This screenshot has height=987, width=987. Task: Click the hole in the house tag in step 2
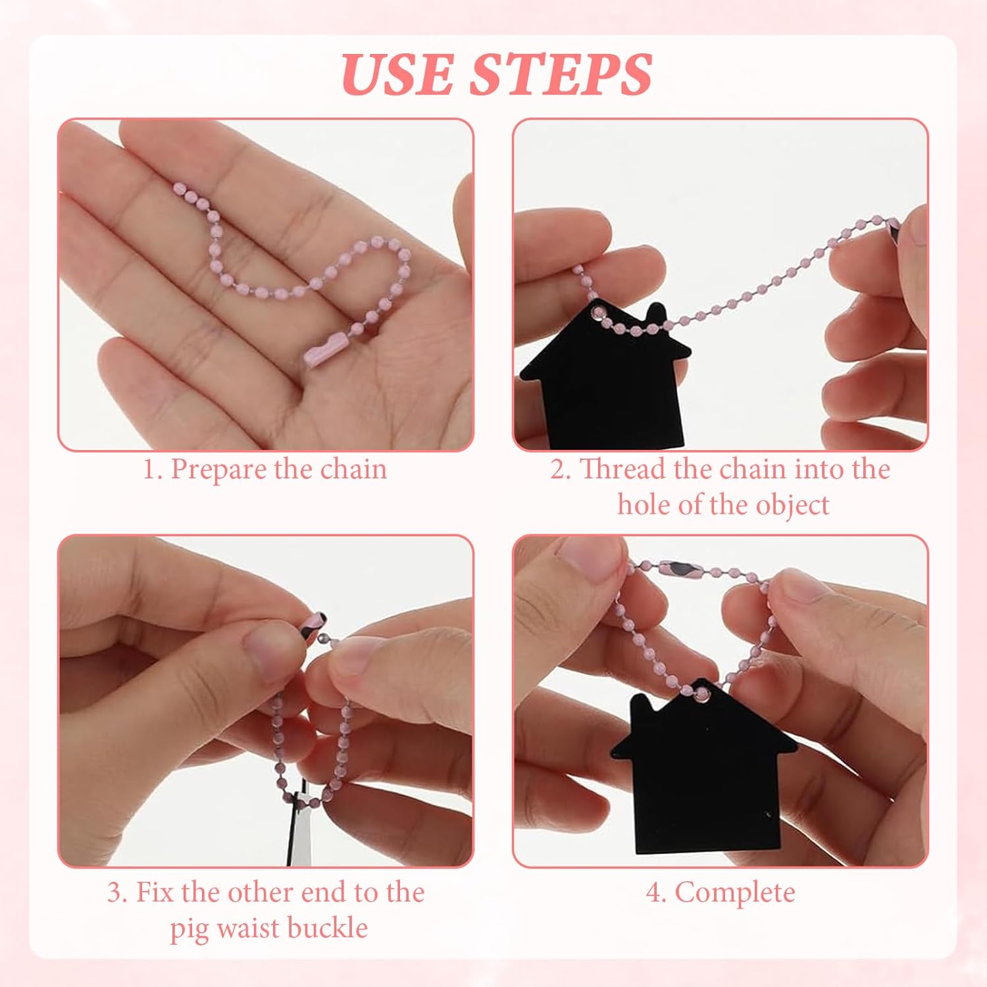[598, 309]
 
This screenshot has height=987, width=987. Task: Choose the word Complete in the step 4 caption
[734, 893]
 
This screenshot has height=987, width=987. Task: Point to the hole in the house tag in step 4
[703, 693]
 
